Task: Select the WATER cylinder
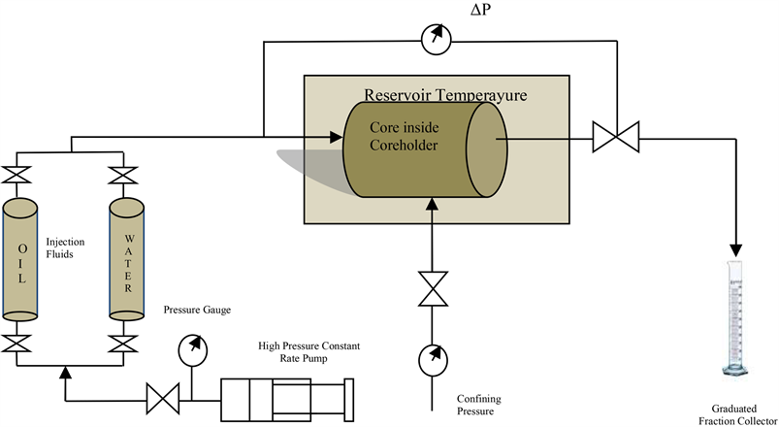pyautogui.click(x=121, y=259)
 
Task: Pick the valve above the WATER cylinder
pyautogui.click(x=121, y=177)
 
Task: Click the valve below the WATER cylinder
pyautogui.click(x=121, y=343)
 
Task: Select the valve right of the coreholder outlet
pyautogui.click(x=611, y=137)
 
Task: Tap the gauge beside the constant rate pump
pyautogui.click(x=192, y=347)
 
